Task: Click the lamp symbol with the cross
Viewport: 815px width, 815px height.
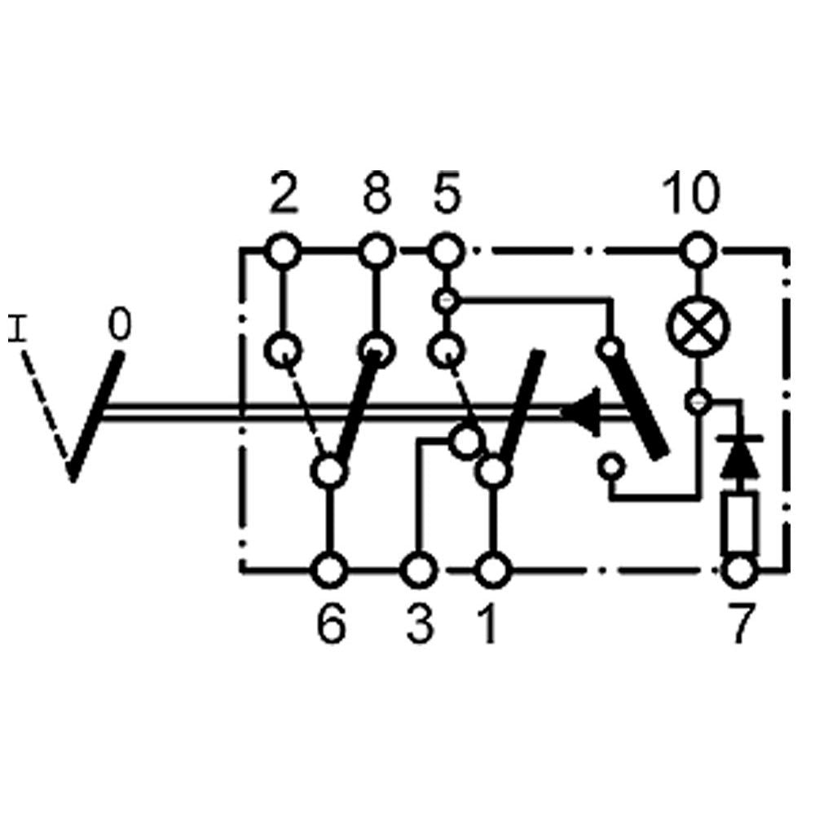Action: click(x=698, y=328)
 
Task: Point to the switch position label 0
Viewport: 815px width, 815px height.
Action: click(x=119, y=327)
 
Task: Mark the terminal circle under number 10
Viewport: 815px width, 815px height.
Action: click(x=698, y=250)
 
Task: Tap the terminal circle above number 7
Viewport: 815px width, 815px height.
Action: click(x=740, y=570)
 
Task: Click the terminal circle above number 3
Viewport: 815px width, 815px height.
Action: click(x=419, y=570)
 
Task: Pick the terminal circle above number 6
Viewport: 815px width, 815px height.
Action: click(x=330, y=570)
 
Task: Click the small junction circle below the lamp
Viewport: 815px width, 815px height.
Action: click(x=698, y=401)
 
